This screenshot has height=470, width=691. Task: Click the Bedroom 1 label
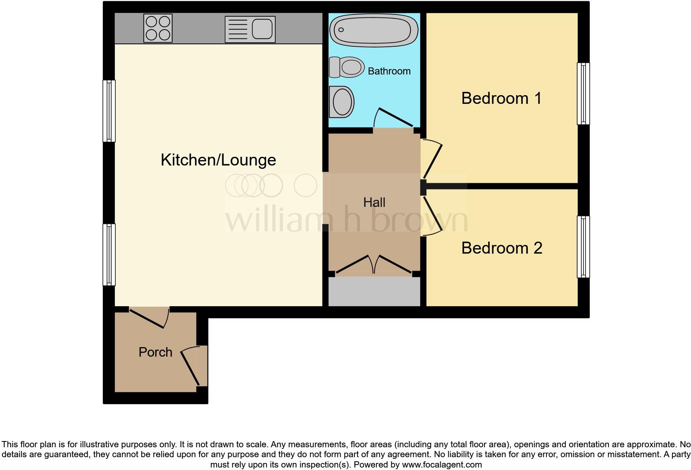(x=501, y=98)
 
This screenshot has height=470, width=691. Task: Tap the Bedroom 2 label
(x=501, y=248)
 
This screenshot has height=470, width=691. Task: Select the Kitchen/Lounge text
(x=218, y=160)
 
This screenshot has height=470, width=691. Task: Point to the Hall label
(x=374, y=202)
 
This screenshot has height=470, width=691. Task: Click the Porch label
(x=155, y=352)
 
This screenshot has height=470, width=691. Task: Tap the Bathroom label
(x=389, y=71)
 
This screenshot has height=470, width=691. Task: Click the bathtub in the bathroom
(x=374, y=30)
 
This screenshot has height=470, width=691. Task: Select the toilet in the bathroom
(x=347, y=67)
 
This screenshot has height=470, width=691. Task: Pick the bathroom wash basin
(x=342, y=102)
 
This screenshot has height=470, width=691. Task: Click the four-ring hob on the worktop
(x=158, y=28)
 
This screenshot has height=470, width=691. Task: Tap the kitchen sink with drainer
(x=250, y=29)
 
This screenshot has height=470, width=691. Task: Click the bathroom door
(x=393, y=118)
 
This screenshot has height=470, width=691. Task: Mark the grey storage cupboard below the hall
(x=374, y=292)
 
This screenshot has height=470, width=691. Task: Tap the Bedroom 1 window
(x=583, y=94)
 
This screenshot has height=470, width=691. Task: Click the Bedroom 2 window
(x=583, y=247)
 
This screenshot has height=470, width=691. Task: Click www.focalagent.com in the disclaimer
(x=442, y=465)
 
